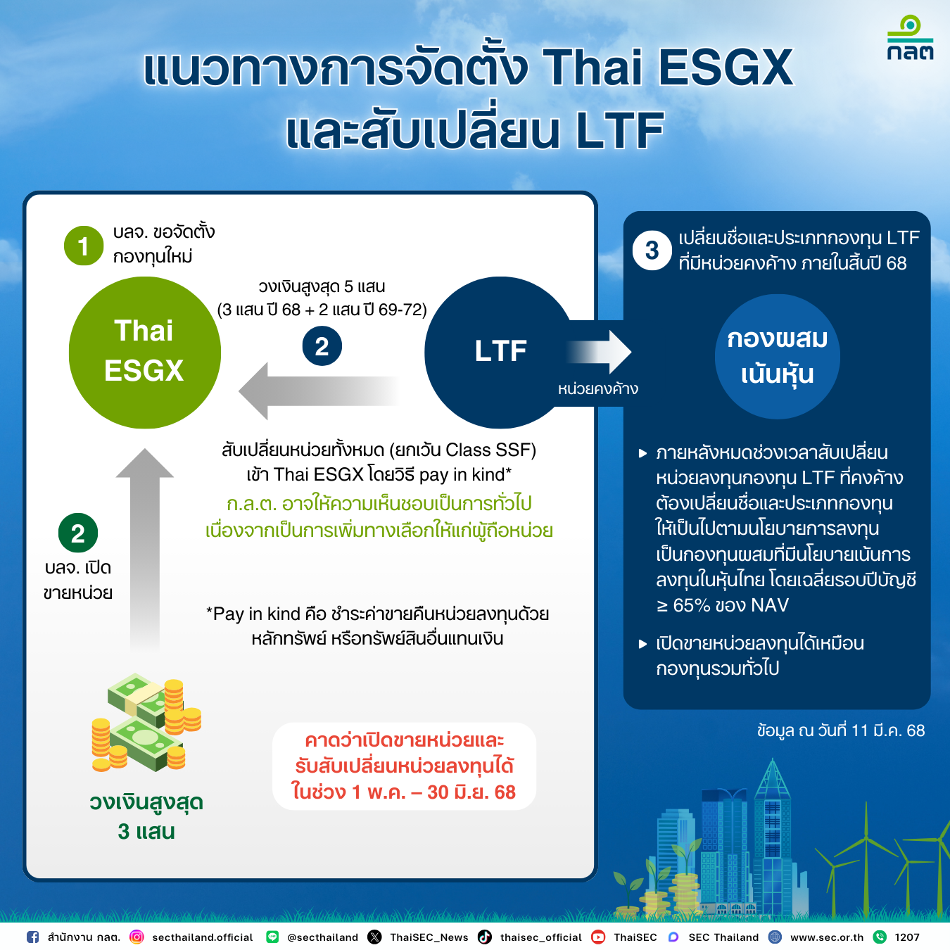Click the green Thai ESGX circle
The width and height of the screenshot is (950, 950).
point(144,352)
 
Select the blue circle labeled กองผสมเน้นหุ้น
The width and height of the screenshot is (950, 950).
point(777,357)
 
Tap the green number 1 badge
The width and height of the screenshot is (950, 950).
point(84,246)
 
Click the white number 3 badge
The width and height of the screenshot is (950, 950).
point(652,251)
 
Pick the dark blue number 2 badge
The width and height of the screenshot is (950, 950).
point(322,346)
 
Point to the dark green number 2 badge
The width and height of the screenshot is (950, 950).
point(78,533)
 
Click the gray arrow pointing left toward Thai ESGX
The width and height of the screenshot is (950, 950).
point(317,391)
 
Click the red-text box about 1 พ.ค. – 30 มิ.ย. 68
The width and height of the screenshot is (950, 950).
point(404,766)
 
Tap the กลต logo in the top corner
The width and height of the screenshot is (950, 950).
point(910,39)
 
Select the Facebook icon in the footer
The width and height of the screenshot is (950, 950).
point(32,937)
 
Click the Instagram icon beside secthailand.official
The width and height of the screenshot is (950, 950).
point(137,937)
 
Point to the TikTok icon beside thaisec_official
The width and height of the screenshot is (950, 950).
point(485,937)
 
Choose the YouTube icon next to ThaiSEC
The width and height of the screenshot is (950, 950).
point(598,937)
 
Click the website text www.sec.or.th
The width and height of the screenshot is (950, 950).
point(827,937)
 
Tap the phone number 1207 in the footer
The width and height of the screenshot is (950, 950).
point(907,937)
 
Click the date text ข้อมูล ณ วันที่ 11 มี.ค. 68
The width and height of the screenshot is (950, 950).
point(841,730)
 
